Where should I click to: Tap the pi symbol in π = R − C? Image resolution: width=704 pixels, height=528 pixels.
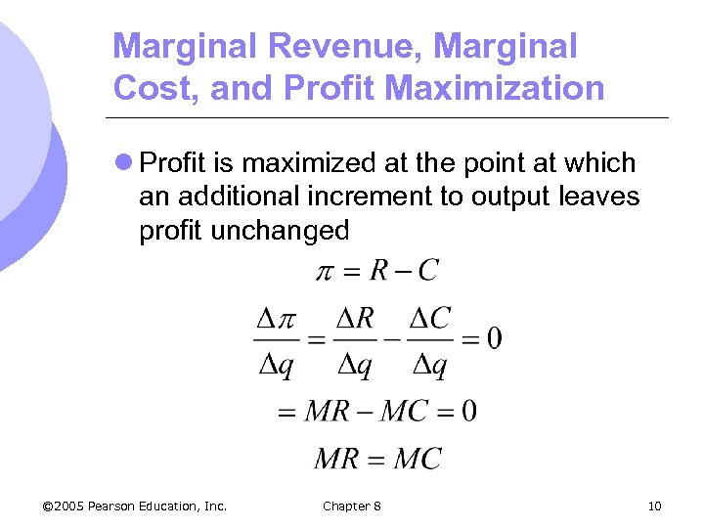click(x=327, y=271)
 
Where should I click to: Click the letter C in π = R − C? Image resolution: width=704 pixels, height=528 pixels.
click(x=427, y=270)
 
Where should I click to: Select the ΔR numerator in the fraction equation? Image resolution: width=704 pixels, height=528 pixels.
click(x=353, y=319)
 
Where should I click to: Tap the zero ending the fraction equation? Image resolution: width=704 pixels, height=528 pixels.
click(x=493, y=338)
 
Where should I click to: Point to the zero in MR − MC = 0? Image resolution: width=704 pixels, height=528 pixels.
click(x=468, y=410)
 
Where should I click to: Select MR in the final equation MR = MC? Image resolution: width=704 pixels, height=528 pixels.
click(x=335, y=458)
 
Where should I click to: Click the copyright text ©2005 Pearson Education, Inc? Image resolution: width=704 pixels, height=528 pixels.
click(x=135, y=506)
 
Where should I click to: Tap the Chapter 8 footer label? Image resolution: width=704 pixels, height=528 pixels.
click(x=352, y=506)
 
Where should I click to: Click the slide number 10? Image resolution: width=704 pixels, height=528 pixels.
click(x=654, y=506)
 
